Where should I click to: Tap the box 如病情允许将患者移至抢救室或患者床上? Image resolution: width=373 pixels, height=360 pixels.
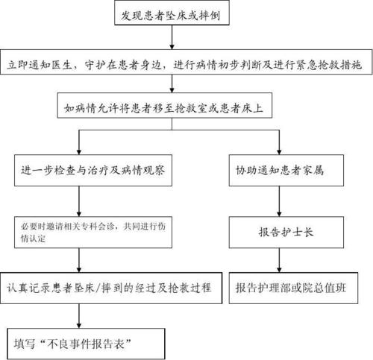pyautogui.click(x=177, y=108)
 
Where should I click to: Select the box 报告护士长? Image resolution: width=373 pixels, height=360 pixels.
pyautogui.click(x=278, y=230)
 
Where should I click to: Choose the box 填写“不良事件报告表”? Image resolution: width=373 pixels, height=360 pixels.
pyautogui.click(x=78, y=344)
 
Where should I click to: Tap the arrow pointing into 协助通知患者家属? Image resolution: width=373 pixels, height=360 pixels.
pyautogui.click(x=278, y=140)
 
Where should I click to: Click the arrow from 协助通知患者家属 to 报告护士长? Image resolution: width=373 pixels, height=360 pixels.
pyautogui.click(x=278, y=201)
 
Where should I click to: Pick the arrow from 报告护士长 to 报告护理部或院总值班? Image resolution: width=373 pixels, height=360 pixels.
pyautogui.click(x=278, y=259)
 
